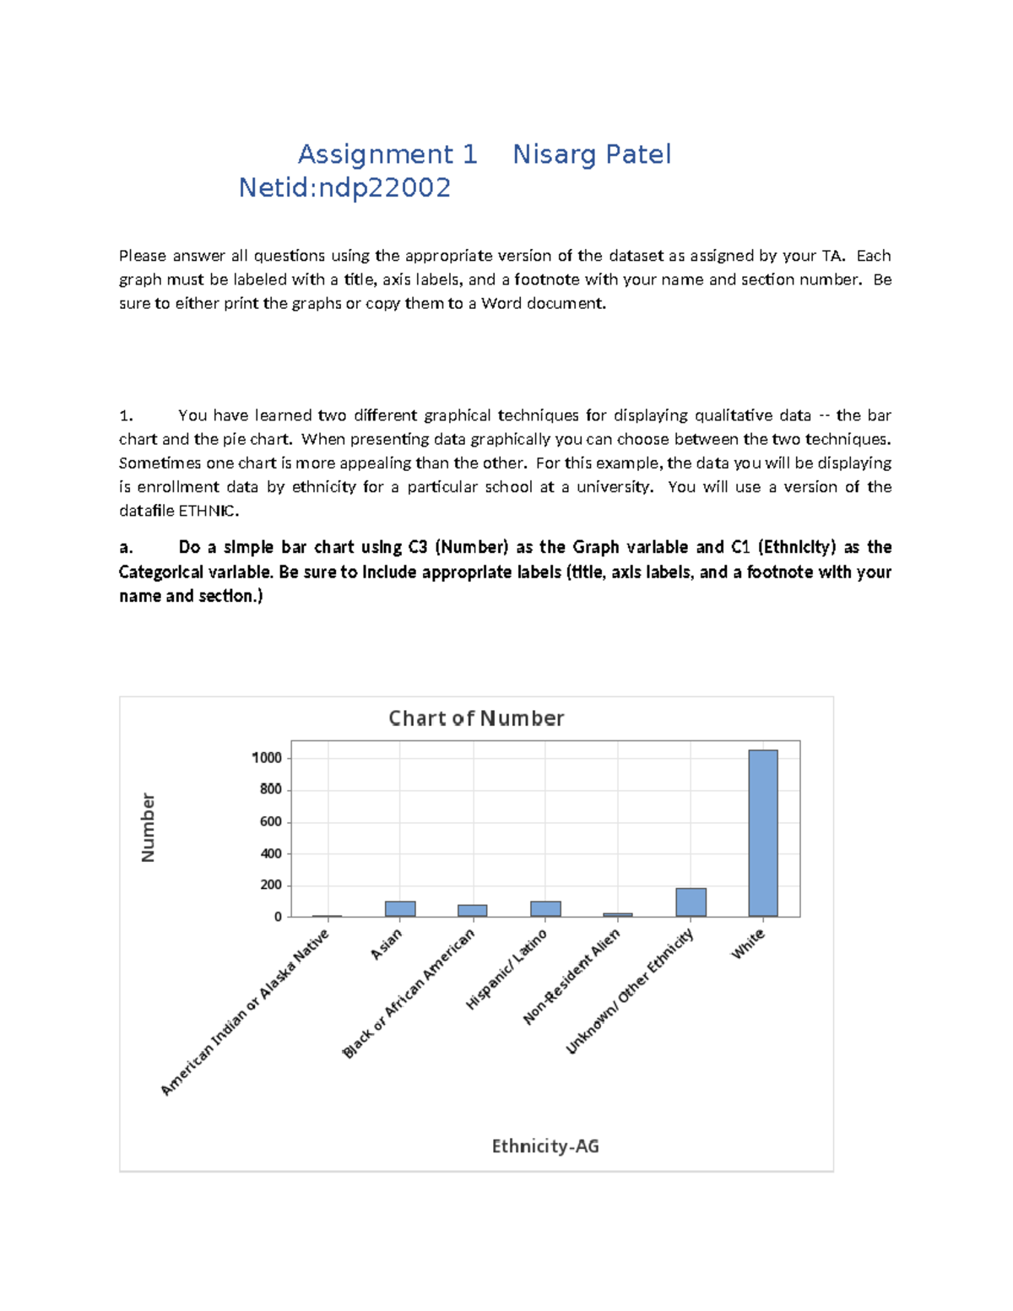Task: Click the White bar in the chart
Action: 762,832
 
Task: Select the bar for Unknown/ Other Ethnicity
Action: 691,902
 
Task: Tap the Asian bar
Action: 400,908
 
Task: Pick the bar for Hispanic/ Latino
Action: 545,908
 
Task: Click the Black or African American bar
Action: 473,910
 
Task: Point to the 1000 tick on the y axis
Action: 267,757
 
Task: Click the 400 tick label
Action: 271,853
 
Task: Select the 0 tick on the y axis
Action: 278,917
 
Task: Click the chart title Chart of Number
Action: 476,718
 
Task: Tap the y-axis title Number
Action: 148,827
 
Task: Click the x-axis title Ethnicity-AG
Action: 545,1146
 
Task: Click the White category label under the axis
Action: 748,943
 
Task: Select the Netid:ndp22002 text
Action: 344,187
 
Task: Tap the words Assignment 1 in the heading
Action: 387,154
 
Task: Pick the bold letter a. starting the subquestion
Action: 126,547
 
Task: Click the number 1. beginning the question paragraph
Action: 126,415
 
